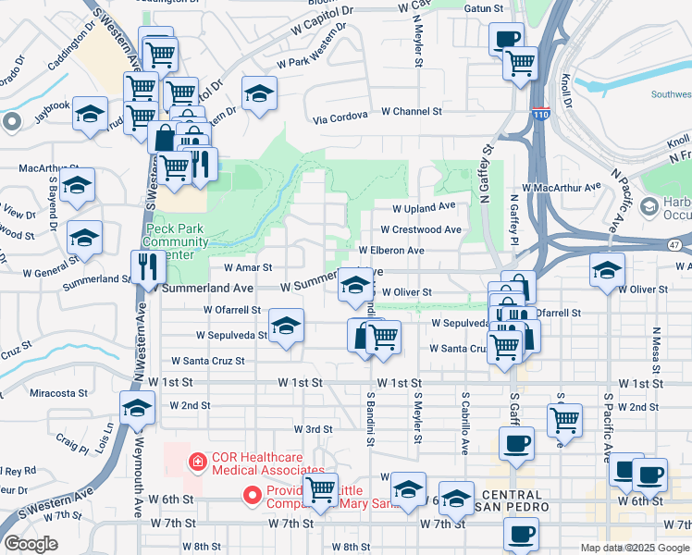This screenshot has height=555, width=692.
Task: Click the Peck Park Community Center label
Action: point(176,241)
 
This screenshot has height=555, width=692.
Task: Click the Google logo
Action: point(31,543)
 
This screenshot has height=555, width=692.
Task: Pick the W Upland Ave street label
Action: point(425,207)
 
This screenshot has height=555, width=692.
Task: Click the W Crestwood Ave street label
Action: point(421,229)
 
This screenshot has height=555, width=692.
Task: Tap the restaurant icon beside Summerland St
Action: point(148,266)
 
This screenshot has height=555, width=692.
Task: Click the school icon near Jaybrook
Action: point(90,113)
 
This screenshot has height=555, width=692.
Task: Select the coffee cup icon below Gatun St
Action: point(506,39)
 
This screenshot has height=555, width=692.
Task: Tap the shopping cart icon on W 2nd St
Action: point(564,419)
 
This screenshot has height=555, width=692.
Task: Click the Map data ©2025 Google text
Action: point(634,548)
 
